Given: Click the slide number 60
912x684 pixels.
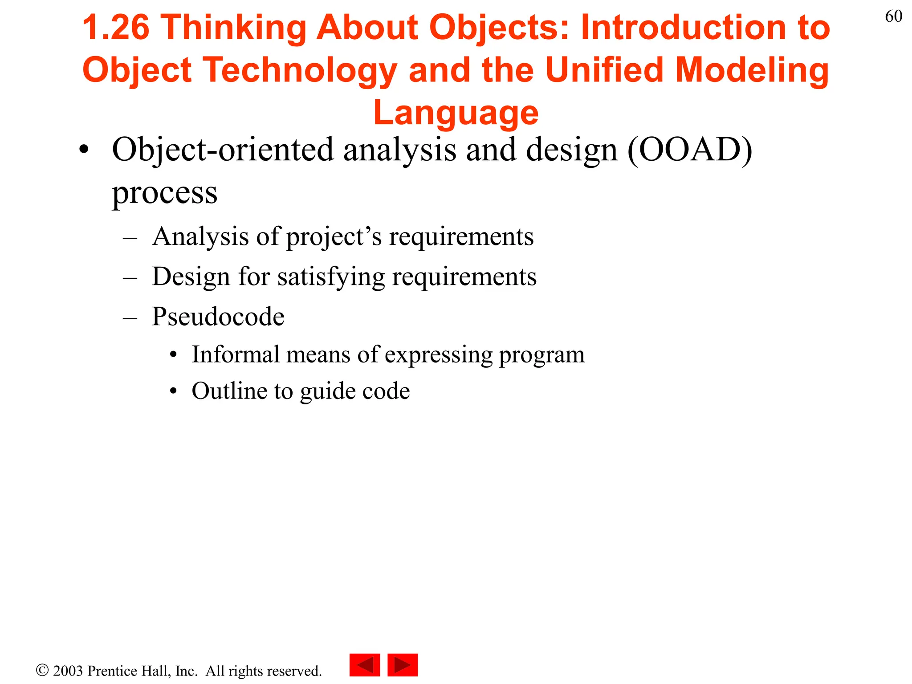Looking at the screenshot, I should pos(893,16).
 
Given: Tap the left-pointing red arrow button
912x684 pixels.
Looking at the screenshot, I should pos(364,665).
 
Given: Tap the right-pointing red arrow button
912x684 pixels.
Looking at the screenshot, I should pos(403,665).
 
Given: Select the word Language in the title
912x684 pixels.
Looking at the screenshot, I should pos(456,113).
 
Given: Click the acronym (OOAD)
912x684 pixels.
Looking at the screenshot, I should pos(690,150).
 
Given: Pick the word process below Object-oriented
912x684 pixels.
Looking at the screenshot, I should pos(164,192).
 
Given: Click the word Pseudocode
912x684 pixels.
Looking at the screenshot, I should pos(218,317).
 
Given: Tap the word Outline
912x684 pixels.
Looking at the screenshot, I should pos(229,391).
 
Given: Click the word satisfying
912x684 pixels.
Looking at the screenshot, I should pos(331,277).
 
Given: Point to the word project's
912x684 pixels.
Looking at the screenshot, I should pos(334,236).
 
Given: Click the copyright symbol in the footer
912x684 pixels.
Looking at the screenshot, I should pos(42,670).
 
